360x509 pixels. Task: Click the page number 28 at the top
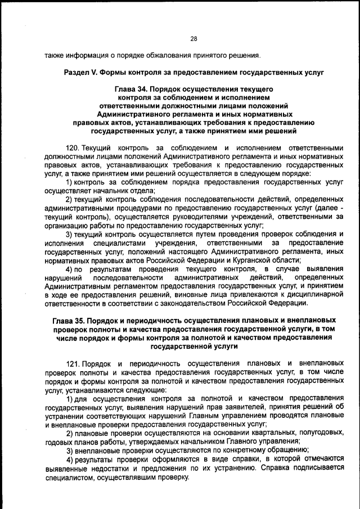coord(193,39)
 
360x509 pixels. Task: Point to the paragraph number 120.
coord(73,148)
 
